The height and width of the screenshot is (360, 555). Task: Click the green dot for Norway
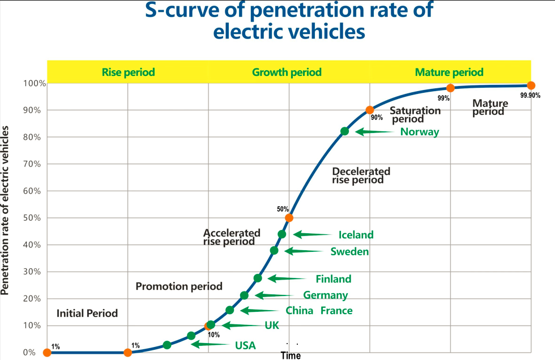click(x=344, y=131)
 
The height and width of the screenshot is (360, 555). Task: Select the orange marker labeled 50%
click(x=289, y=217)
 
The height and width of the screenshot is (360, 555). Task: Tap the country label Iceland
click(x=356, y=235)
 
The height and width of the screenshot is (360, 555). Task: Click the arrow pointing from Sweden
click(x=306, y=251)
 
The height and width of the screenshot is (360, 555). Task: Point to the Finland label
click(x=334, y=278)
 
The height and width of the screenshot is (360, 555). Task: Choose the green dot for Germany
click(x=244, y=295)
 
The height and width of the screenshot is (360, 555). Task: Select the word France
click(x=336, y=311)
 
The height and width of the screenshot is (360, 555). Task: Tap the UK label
click(x=272, y=325)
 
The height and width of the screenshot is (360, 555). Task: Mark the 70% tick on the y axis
click(x=32, y=164)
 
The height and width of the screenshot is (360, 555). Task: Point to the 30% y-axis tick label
click(x=32, y=272)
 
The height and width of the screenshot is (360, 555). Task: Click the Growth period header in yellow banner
click(x=287, y=72)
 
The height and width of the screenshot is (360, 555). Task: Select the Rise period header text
click(x=128, y=72)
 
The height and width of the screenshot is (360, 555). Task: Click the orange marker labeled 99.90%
click(x=531, y=85)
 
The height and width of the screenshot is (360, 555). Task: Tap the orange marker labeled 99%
click(x=450, y=88)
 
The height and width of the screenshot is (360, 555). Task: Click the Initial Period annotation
click(x=87, y=313)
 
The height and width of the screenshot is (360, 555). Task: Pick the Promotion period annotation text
click(x=179, y=286)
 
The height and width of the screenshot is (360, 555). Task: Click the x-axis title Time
click(x=291, y=355)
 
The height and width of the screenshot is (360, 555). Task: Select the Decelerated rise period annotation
click(x=361, y=175)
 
